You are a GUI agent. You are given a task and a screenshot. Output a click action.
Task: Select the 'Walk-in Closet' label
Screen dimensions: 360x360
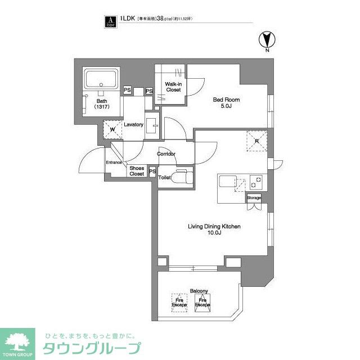tap(172, 86)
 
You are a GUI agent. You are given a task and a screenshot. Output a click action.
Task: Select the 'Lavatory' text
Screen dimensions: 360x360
tap(134, 125)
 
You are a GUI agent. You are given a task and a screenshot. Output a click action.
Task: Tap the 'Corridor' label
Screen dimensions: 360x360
tap(166, 154)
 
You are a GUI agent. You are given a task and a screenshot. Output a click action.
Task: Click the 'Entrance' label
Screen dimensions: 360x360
tap(114, 163)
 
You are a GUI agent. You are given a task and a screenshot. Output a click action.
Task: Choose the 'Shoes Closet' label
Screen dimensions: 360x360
tap(137, 171)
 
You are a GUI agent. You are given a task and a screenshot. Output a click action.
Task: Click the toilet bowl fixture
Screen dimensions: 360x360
tap(181, 177)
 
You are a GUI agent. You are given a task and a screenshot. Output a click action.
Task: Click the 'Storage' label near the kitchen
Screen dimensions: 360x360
tap(254, 198)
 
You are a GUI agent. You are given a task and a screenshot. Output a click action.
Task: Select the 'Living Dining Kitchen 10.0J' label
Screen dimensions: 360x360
tap(214, 230)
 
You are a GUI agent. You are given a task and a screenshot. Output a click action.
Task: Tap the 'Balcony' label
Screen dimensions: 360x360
tap(199, 291)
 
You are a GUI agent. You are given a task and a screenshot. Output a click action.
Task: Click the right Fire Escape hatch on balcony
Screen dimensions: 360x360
tap(202, 303)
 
